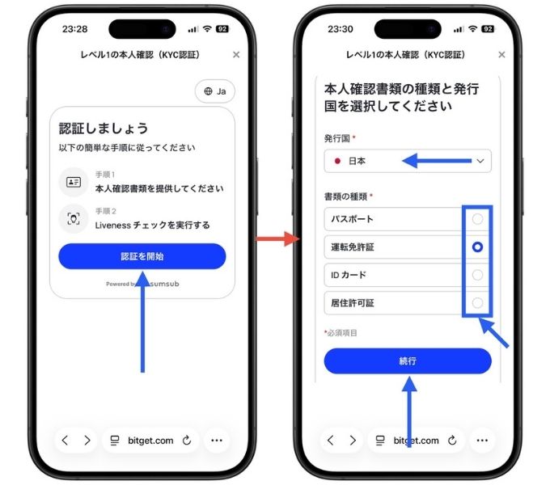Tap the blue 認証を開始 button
142,256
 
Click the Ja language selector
214,91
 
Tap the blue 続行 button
407,361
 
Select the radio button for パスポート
477,219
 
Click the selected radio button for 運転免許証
477,247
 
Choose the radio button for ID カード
477,275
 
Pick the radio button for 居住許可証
477,303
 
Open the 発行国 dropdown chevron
480,161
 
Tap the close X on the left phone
236,55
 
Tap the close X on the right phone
502,55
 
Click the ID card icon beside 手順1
74,182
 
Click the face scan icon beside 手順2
74,219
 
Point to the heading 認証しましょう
104,129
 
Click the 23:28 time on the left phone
74,28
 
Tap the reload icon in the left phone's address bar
188,441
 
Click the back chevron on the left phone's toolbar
66,441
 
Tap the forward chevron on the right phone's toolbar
353,441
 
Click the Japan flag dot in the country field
337,161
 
